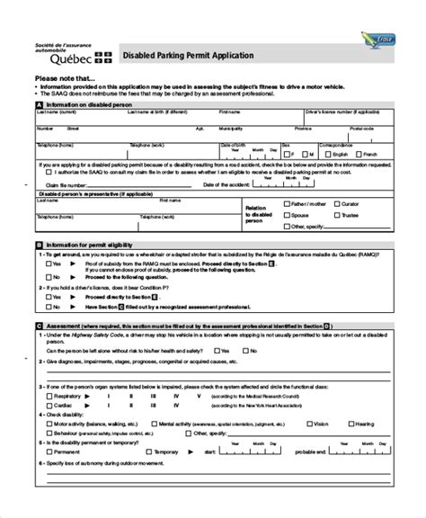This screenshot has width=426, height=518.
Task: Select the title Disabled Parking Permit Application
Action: [x=188, y=56]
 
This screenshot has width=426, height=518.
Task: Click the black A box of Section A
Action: [x=38, y=104]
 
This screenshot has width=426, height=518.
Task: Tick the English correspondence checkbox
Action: [x=328, y=154]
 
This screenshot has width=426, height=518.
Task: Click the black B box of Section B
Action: [x=38, y=244]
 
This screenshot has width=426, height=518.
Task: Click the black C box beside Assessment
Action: [x=38, y=326]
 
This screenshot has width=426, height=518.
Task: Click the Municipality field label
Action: [x=232, y=128]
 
